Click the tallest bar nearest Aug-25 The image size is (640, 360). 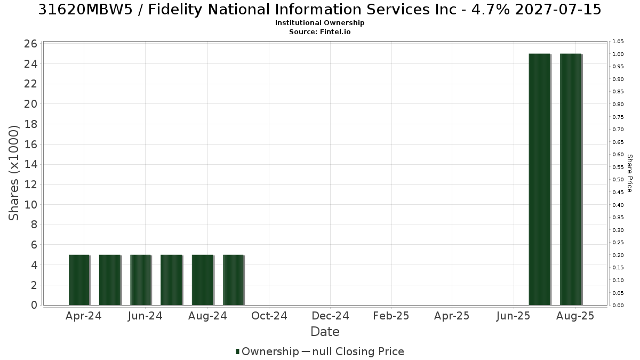[x=571, y=179]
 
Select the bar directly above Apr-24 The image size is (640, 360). [x=79, y=280]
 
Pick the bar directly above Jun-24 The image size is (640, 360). [x=141, y=280]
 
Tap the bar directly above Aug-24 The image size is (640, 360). [x=203, y=280]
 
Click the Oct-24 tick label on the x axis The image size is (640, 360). [x=269, y=316]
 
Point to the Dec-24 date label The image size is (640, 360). [x=330, y=316]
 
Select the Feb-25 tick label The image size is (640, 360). [x=391, y=316]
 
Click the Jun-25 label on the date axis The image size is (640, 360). [x=513, y=316]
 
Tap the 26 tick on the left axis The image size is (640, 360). [x=30, y=44]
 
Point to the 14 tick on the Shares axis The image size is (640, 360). [x=30, y=165]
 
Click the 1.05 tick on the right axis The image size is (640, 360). [x=618, y=42]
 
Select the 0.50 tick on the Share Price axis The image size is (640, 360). [x=618, y=180]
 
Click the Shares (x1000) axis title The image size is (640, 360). [x=13, y=173]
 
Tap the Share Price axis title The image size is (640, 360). [x=630, y=173]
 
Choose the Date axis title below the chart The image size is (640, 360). [x=325, y=332]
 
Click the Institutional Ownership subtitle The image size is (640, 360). [x=319, y=23]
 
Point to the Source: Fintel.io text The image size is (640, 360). [x=319, y=31]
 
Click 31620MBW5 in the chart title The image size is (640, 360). [x=85, y=10]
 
